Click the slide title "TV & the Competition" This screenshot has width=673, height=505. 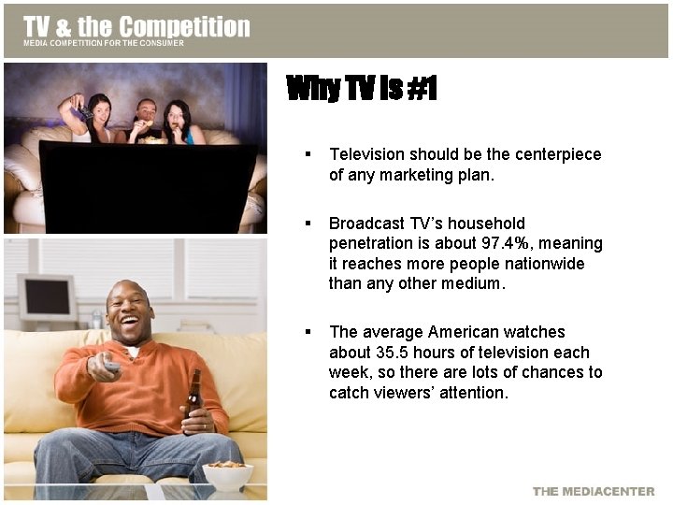(x=136, y=26)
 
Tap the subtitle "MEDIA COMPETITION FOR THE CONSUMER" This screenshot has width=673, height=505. (x=104, y=43)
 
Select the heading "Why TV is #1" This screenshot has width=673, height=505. (x=361, y=90)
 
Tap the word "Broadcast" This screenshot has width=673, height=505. (x=366, y=224)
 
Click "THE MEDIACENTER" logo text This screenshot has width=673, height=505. (x=594, y=492)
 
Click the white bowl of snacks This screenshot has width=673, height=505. (x=227, y=475)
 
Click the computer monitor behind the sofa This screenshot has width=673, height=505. (x=47, y=297)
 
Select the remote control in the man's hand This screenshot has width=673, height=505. (x=110, y=367)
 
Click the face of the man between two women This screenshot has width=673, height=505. (x=146, y=113)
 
